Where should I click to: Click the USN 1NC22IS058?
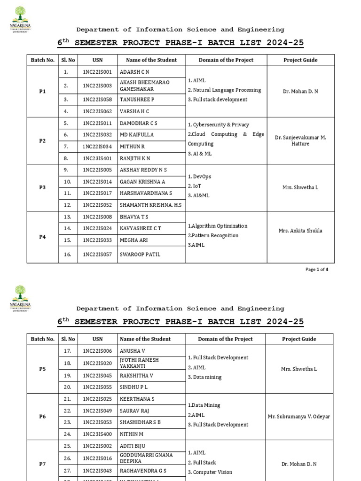(97, 100)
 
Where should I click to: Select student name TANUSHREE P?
(137, 100)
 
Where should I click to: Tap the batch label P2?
(42, 141)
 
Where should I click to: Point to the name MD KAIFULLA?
(137, 135)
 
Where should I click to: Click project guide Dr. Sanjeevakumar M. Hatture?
(300, 140)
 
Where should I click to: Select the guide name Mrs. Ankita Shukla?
(300, 231)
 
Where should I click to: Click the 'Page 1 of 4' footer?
(317, 270)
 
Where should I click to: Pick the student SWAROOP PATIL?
(140, 255)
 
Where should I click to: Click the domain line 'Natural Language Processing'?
(227, 90)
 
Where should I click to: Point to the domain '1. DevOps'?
(200, 177)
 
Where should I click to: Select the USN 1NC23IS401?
(97, 158)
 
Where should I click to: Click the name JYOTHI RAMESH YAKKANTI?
(139, 363)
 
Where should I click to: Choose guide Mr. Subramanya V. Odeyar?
(299, 417)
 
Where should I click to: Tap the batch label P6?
(42, 417)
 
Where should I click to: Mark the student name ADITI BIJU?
(133, 445)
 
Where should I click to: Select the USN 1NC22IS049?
(97, 411)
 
